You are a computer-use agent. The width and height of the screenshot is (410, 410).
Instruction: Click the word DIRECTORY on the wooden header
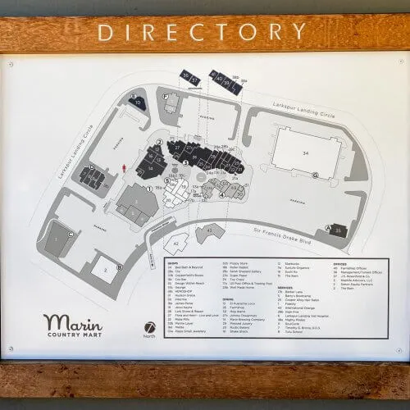204,32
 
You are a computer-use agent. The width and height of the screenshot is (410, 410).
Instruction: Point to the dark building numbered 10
139,103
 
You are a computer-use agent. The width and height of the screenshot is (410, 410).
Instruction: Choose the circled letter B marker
120,266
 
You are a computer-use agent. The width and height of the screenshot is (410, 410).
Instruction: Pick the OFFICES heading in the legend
337,266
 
